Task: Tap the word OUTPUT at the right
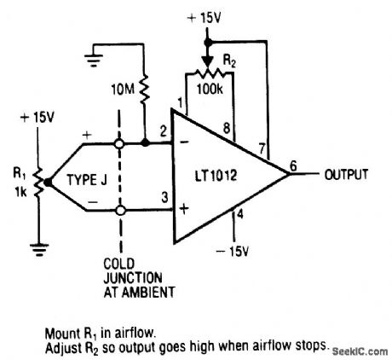pyautogui.click(x=346, y=175)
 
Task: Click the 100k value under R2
pyautogui.click(x=210, y=87)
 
